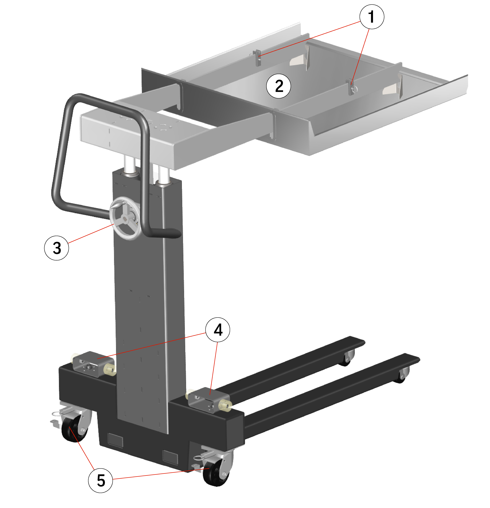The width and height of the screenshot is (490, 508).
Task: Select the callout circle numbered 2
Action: click(x=278, y=86)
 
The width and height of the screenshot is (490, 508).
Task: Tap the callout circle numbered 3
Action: click(x=56, y=248)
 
